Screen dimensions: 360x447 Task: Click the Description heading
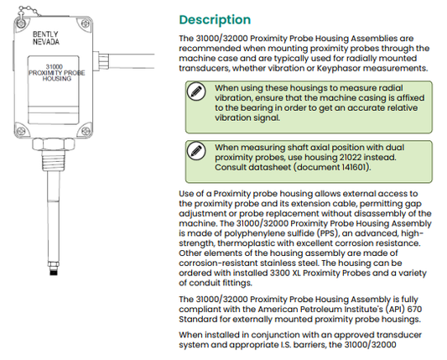pyautogui.click(x=215, y=19)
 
